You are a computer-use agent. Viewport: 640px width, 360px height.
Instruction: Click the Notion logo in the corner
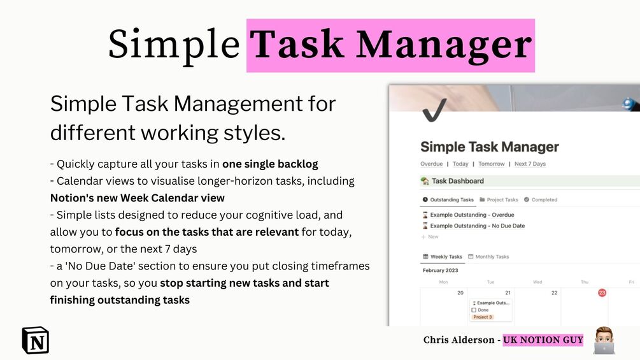(x=35, y=340)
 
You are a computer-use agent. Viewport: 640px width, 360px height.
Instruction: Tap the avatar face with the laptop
(x=603, y=340)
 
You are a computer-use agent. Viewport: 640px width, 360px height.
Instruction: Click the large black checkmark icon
(x=434, y=109)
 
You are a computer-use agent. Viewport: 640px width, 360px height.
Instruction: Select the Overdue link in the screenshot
(x=431, y=164)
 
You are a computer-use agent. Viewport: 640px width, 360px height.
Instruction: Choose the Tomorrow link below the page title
(x=491, y=164)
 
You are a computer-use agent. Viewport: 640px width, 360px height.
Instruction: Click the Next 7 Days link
(x=530, y=164)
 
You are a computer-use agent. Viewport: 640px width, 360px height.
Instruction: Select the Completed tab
(x=541, y=199)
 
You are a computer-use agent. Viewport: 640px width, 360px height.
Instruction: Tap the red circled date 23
(x=602, y=292)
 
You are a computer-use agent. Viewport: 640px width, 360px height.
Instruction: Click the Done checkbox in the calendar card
(x=474, y=310)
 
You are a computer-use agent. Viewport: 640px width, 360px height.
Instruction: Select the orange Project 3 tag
(x=482, y=317)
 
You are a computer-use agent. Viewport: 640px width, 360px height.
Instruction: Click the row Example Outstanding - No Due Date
(x=476, y=226)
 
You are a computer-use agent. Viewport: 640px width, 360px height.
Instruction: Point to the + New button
(x=430, y=236)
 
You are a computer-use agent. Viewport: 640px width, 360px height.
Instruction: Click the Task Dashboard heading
(x=457, y=181)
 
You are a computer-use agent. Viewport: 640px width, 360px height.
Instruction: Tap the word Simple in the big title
(x=173, y=45)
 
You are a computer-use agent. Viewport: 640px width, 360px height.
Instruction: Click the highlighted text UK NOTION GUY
(x=543, y=340)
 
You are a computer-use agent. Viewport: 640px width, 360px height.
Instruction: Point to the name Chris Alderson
(x=459, y=340)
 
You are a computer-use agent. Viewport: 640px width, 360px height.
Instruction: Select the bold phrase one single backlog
(x=270, y=164)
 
